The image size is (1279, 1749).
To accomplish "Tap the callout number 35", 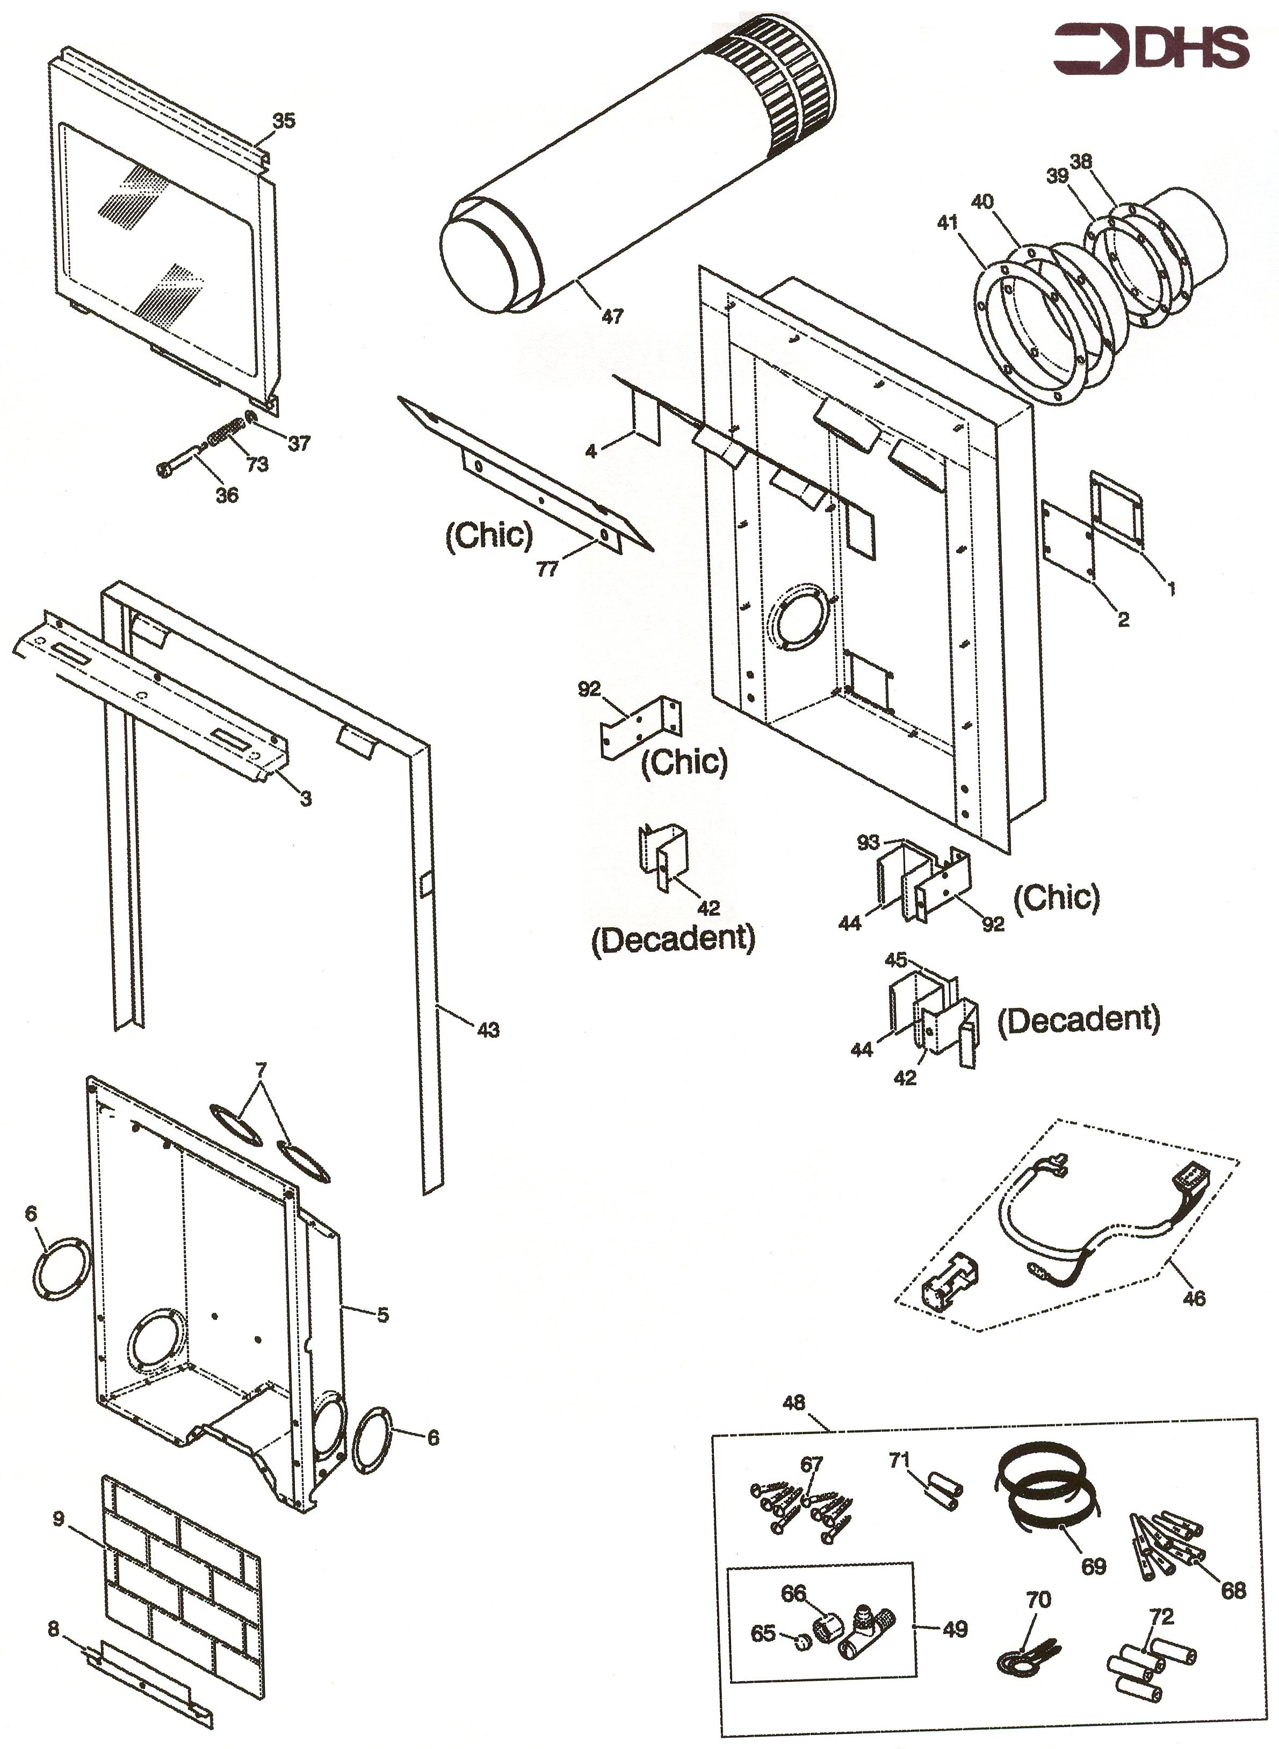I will tap(284, 121).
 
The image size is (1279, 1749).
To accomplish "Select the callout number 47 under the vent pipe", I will tap(612, 316).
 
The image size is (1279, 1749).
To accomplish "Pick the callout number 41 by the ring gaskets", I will tap(947, 223).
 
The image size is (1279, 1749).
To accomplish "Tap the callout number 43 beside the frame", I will tap(488, 1030).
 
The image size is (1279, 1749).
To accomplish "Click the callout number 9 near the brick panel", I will tap(59, 1519).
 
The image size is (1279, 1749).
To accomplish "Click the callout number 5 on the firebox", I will tap(382, 1315).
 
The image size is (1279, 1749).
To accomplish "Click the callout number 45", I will tap(896, 960).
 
